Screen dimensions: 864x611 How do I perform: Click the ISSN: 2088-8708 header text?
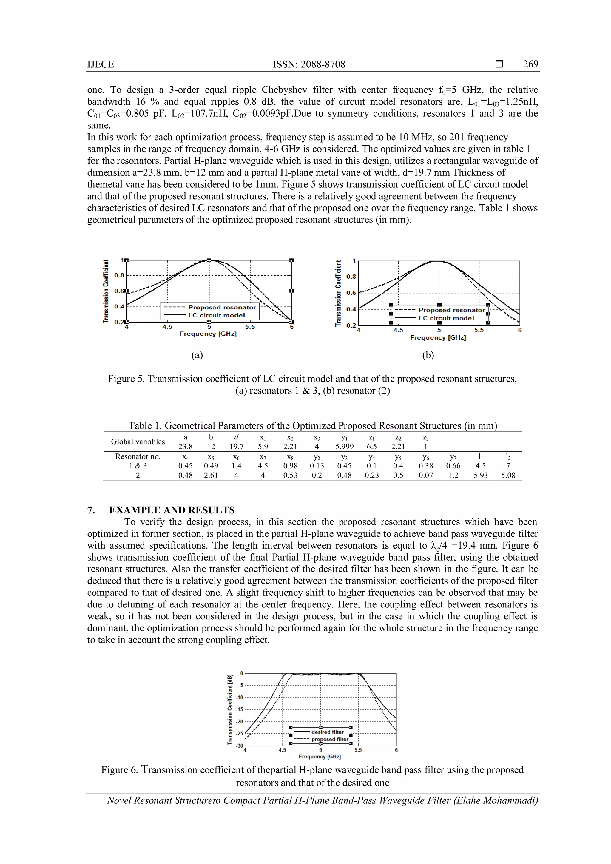(308, 64)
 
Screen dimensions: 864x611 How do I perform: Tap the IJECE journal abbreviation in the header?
(101, 64)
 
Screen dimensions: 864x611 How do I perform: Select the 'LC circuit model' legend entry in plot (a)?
(216, 315)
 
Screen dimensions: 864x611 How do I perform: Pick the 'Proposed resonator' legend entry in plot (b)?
(451, 310)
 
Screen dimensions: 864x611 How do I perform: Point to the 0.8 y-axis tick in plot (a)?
(119, 275)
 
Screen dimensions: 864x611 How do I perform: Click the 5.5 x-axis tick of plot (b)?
(479, 330)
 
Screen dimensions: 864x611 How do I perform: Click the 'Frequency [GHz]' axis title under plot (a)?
(208, 334)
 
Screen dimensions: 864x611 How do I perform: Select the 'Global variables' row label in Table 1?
(138, 442)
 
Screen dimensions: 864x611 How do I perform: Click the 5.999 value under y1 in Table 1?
(344, 447)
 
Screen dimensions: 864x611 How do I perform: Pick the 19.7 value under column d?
(236, 447)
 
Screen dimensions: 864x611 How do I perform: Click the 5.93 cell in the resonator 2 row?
(480, 475)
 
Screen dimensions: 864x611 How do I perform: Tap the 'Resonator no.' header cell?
(138, 456)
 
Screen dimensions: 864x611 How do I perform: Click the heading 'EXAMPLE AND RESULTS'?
(172, 510)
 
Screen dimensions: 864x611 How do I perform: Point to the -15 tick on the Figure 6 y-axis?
(240, 709)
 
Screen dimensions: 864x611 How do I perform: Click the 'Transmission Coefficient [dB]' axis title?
(229, 709)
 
